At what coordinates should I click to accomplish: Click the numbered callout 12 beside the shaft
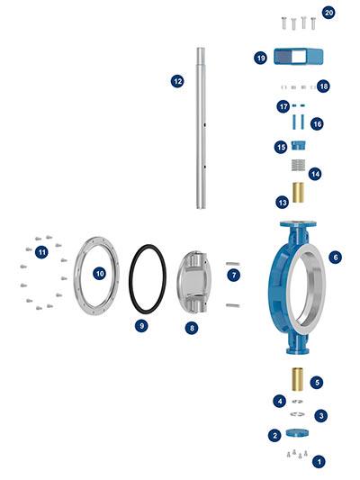point(177,81)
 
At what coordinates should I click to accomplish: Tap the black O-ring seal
point(130,280)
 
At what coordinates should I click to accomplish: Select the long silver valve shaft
point(201,128)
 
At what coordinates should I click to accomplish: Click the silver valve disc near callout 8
point(193,282)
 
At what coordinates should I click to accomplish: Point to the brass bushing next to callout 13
point(298,193)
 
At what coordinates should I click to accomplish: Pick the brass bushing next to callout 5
point(298,379)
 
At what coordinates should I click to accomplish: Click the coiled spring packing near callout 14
point(298,165)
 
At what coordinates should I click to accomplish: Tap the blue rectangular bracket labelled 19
point(298,57)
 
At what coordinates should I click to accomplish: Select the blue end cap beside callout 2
point(297,433)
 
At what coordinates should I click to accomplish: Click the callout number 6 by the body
point(335,258)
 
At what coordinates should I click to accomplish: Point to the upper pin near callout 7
point(233,264)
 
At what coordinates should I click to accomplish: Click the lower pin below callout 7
point(233,305)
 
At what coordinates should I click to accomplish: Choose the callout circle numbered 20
point(328,13)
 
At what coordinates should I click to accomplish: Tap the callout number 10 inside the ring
point(100,274)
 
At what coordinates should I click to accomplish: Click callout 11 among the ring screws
point(41,252)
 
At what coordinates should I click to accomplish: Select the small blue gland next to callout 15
point(298,145)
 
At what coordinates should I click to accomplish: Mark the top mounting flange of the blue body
point(298,223)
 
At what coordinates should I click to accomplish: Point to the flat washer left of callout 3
point(297,414)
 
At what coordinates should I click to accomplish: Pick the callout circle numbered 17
point(283,106)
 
